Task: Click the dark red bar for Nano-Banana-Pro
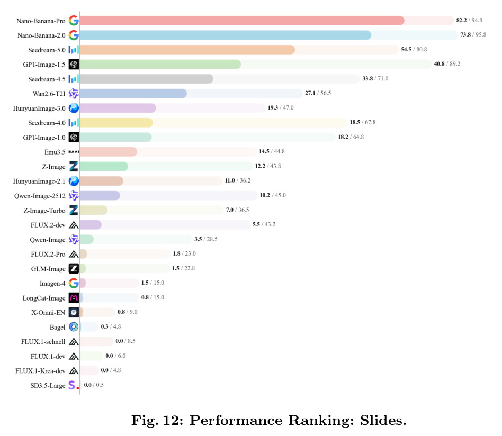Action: [242, 21]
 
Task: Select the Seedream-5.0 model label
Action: [47, 50]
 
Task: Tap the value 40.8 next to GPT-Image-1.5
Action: [440, 63]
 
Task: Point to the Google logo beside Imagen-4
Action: [74, 283]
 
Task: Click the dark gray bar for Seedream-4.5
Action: [147, 79]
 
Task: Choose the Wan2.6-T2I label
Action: [49, 94]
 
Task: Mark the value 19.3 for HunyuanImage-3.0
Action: [273, 107]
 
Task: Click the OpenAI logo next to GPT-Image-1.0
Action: [74, 137]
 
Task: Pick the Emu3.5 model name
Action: [55, 152]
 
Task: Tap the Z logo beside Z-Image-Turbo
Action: [74, 210]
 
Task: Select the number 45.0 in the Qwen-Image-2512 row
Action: [281, 195]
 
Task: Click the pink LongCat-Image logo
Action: [74, 298]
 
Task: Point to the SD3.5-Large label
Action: [48, 385]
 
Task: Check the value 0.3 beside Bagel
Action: [105, 326]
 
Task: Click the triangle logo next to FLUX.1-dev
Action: [74, 356]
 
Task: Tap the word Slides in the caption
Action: [383, 420]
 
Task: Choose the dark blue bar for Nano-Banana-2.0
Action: [226, 35]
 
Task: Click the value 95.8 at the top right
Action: [480, 34]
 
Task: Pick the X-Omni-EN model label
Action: [48, 313]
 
